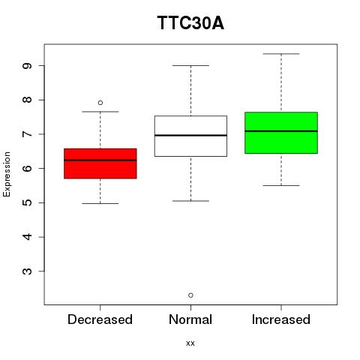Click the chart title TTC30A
click(190, 23)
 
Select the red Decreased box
click(100, 163)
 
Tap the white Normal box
click(190, 136)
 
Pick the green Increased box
click(281, 133)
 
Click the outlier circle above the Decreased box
click(100, 103)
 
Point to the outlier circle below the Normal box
click(190, 295)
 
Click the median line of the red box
click(100, 160)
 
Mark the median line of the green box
click(281, 131)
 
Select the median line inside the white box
click(190, 135)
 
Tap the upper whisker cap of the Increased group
click(281, 54)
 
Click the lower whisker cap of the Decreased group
click(100, 203)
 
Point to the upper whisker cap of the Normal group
click(190, 65)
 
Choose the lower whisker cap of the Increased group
click(281, 185)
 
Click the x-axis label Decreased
click(100, 319)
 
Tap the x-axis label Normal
click(190, 319)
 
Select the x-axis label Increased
click(281, 319)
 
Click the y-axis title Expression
click(7, 174)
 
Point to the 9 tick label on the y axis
click(27, 66)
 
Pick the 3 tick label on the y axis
click(27, 271)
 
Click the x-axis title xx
click(190, 343)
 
